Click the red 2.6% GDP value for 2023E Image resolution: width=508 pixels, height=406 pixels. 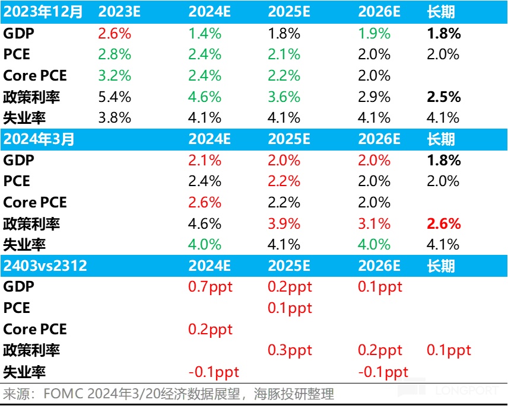pyautogui.click(x=115, y=33)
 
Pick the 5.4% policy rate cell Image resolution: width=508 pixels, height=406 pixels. pyautogui.click(x=115, y=97)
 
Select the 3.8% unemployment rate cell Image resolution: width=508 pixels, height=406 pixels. pyautogui.click(x=115, y=117)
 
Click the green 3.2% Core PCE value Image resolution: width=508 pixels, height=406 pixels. pyautogui.click(x=115, y=75)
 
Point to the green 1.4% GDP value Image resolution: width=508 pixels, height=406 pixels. pyautogui.click(x=205, y=33)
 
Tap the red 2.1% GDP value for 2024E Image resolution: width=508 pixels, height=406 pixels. pyautogui.click(x=205, y=160)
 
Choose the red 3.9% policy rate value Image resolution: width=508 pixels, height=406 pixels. pyautogui.click(x=284, y=223)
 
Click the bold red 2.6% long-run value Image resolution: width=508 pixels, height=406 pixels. pyautogui.click(x=444, y=223)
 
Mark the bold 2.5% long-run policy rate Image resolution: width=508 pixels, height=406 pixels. pyautogui.click(x=444, y=97)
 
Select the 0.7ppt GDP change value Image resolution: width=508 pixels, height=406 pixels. pyautogui.click(x=210, y=287)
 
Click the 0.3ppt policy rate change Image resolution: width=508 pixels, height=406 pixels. pyautogui.click(x=290, y=350)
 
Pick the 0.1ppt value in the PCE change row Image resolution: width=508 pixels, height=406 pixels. pyautogui.click(x=290, y=308)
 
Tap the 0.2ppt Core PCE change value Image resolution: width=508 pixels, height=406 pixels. pyautogui.click(x=210, y=329)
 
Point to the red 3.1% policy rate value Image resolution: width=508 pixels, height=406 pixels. pyautogui.click(x=374, y=223)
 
